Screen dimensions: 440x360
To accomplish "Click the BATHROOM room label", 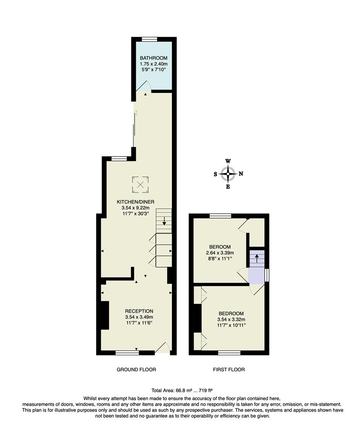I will [x=153, y=58].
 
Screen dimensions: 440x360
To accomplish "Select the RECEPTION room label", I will [x=139, y=311].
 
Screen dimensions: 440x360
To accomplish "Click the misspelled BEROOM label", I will [x=220, y=247].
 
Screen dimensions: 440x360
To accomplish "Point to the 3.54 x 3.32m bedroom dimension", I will [x=231, y=319].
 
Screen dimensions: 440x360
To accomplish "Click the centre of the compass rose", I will [x=228, y=174].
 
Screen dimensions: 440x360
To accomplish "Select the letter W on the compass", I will [x=228, y=161].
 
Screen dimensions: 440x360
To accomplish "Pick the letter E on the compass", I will [x=228, y=187].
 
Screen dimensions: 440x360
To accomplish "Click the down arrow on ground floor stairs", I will [x=164, y=221].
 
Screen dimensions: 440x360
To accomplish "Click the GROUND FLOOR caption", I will [x=136, y=370].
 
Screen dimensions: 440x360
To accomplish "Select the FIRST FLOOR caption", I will [x=229, y=370].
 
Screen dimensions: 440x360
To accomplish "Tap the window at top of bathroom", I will [x=150, y=39].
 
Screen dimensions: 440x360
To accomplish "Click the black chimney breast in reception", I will [x=105, y=315].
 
